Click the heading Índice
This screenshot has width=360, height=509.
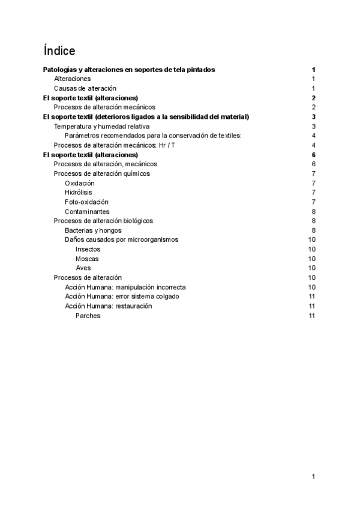(x=59, y=50)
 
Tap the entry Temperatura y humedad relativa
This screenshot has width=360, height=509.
(x=101, y=126)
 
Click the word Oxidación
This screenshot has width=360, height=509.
(x=80, y=183)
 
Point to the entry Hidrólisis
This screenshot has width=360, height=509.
(x=79, y=193)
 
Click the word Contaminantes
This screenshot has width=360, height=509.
(x=87, y=212)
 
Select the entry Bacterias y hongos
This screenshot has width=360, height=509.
(x=93, y=230)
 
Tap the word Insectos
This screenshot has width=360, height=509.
(x=88, y=249)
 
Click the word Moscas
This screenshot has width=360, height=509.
(x=87, y=259)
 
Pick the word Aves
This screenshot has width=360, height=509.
(x=83, y=268)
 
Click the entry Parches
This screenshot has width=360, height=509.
(x=88, y=316)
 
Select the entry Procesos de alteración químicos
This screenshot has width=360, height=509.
(x=101, y=173)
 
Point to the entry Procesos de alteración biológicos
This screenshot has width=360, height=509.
(x=103, y=221)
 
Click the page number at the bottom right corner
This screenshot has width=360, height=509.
(x=313, y=477)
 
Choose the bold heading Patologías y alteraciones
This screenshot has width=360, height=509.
(x=130, y=70)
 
